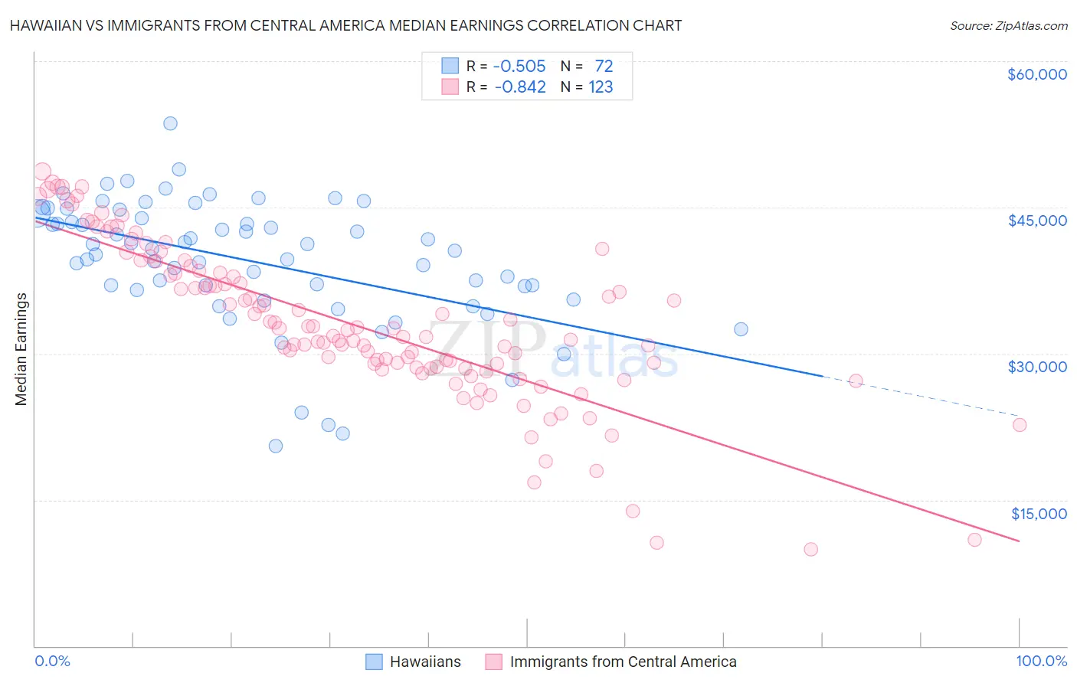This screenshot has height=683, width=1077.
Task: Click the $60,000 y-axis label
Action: pyautogui.click(x=1036, y=74)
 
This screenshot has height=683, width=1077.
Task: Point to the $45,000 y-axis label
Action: pyautogui.click(x=1036, y=221)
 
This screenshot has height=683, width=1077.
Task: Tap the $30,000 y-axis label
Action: pyautogui.click(x=1036, y=367)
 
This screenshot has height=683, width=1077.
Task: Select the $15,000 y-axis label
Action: pyautogui.click(x=1039, y=513)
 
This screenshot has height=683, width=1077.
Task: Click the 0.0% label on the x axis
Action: pyautogui.click(x=52, y=661)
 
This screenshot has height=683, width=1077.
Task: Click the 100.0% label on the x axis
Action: pyautogui.click(x=1041, y=661)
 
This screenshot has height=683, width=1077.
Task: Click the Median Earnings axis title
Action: pyautogui.click(x=21, y=348)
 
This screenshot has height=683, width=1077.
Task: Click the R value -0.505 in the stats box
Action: pyautogui.click(x=519, y=67)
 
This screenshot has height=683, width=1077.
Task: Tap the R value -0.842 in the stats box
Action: pyautogui.click(x=520, y=87)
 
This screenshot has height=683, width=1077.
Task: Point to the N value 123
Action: pyautogui.click(x=601, y=87)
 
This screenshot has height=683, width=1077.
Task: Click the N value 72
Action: pyautogui.click(x=604, y=67)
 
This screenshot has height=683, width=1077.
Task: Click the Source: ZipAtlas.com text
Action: pyautogui.click(x=1008, y=26)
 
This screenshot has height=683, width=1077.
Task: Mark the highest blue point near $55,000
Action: pyautogui.click(x=170, y=123)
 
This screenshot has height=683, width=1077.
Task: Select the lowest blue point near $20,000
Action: pyautogui.click(x=276, y=446)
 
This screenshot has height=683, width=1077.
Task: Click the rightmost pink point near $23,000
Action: pyautogui.click(x=1020, y=425)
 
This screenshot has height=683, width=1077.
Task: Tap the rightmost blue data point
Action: pyautogui.click(x=741, y=329)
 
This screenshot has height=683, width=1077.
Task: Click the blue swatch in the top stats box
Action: pyautogui.click(x=450, y=66)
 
